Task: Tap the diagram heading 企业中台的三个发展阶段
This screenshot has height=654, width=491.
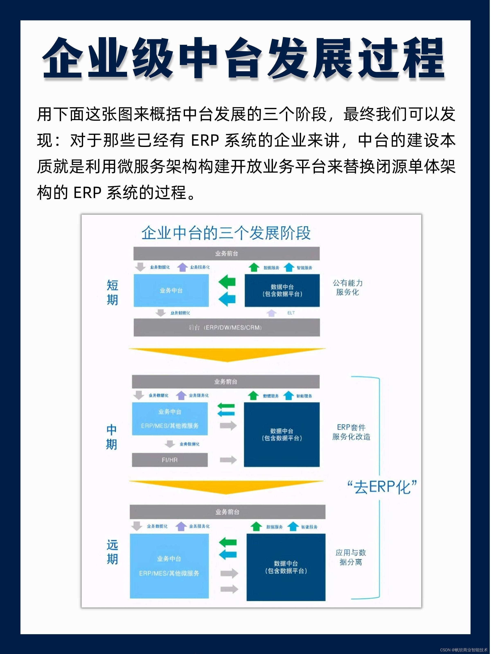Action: point(226,233)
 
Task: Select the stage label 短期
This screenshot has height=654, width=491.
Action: point(113,293)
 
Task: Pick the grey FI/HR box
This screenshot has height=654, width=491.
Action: point(170,460)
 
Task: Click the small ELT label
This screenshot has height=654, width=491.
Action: point(291,313)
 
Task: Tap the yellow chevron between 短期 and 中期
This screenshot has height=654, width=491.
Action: point(227,355)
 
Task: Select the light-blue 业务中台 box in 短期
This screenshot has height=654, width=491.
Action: point(171,290)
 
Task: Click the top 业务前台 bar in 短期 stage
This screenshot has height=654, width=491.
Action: point(226,253)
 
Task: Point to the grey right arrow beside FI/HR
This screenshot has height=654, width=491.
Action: point(228,460)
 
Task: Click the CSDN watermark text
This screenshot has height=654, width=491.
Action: point(463,650)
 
